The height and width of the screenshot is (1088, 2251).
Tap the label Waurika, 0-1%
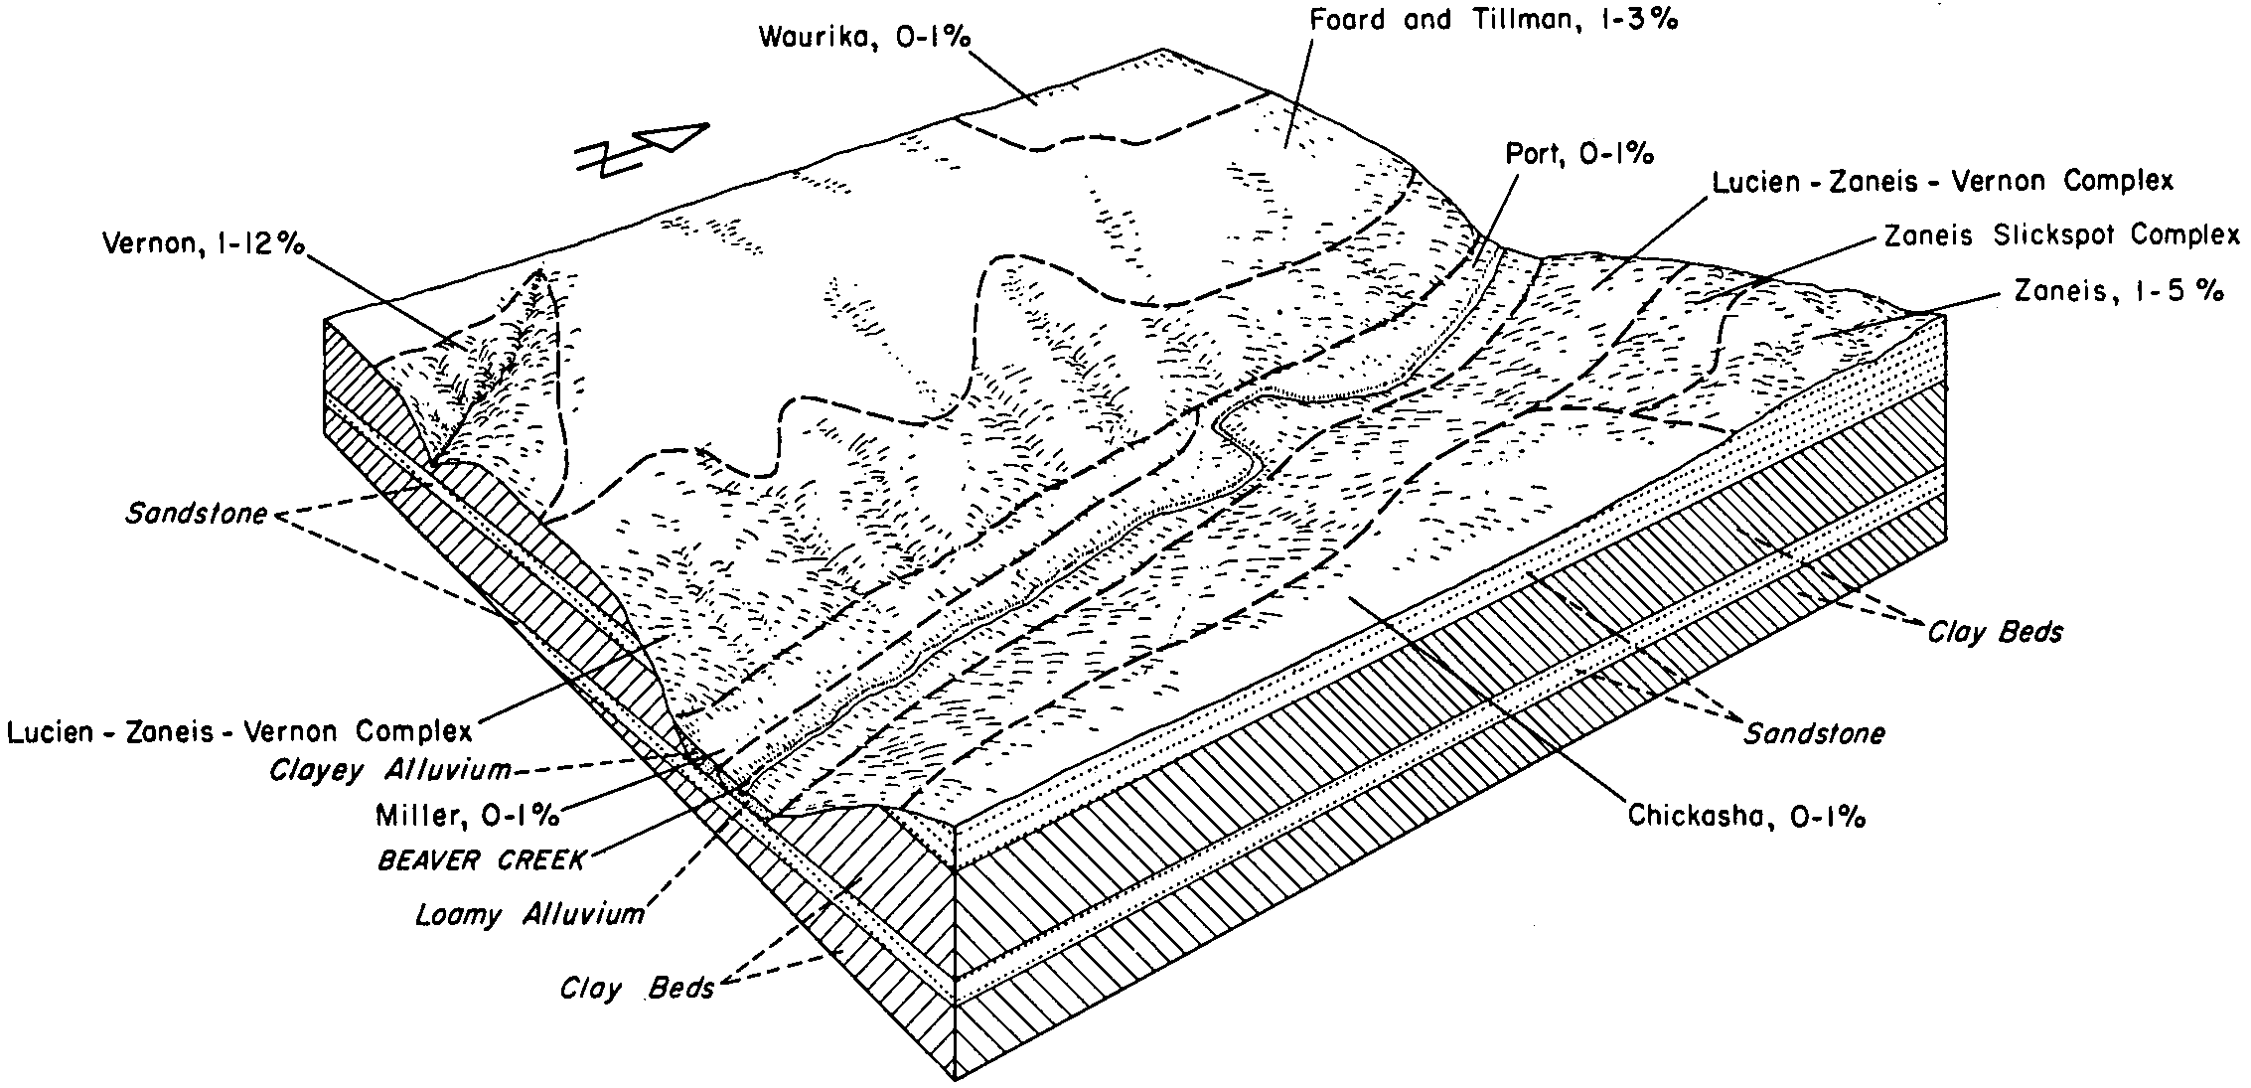[864, 38]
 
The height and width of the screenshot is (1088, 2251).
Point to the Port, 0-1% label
[1579, 154]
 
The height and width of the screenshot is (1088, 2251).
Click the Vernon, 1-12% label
[204, 244]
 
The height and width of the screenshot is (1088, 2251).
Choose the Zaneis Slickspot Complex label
[2061, 235]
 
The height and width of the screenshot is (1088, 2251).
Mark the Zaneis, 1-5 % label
[2118, 291]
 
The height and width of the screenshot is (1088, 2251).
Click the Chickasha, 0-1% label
[1746, 816]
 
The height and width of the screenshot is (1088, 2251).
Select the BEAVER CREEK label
[482, 859]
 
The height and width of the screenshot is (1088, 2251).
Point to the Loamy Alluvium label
[529, 914]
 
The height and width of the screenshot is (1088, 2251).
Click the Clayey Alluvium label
[390, 770]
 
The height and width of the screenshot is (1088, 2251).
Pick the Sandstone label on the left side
[197, 514]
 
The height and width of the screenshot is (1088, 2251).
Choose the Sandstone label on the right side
[1815, 733]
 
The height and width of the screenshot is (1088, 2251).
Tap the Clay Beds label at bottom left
[637, 989]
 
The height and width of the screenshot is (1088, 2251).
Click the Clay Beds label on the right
[1995, 632]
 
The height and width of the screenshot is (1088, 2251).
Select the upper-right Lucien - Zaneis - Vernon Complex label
[1943, 182]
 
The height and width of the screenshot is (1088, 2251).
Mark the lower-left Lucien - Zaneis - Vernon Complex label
[239, 732]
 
